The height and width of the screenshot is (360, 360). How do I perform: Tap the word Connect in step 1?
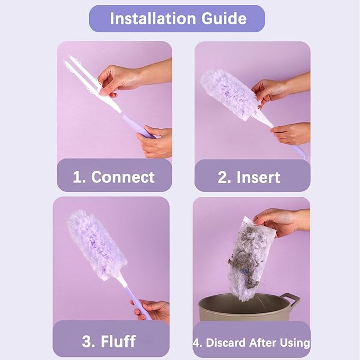[122, 177]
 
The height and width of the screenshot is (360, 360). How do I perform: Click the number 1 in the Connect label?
[77, 177]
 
